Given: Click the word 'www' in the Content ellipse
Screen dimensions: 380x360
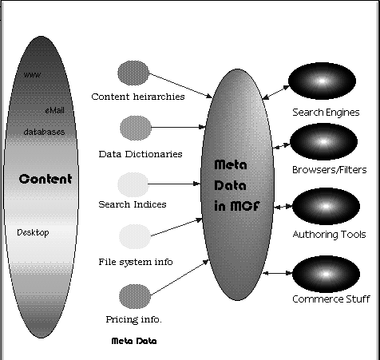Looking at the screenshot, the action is click(32, 75).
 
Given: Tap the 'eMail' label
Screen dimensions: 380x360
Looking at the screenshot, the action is click(54, 110).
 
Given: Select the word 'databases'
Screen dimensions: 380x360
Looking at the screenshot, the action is click(44, 132).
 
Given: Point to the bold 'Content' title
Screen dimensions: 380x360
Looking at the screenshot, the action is click(46, 179).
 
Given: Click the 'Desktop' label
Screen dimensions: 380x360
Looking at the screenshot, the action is click(33, 233).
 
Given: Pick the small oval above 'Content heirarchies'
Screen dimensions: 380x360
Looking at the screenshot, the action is click(133, 73).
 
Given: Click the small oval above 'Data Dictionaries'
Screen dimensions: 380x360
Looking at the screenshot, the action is click(136, 128).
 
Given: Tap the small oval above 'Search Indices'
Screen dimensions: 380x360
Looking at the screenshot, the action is click(133, 184).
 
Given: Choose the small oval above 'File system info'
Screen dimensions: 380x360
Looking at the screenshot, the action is click(135, 236).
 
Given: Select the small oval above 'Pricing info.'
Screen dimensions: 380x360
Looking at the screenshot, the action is click(135, 296).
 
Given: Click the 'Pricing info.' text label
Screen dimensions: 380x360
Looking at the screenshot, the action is click(133, 319).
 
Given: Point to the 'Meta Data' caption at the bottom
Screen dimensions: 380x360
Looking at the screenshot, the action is click(134, 341).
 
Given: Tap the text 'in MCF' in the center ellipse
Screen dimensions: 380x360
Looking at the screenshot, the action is click(237, 206).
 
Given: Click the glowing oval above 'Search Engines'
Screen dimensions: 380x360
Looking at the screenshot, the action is click(322, 81).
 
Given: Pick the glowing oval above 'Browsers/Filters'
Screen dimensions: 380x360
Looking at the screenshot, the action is click(323, 141).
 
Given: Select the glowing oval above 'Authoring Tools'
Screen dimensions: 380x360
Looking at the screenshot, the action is click(326, 206).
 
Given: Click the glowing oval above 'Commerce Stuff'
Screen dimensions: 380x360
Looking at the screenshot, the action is click(326, 274).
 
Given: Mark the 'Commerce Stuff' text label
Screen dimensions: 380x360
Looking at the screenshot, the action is click(331, 299).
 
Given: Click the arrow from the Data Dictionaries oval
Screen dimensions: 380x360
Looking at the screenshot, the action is click(178, 127).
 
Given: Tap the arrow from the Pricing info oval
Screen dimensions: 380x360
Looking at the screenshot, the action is click(180, 278).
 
